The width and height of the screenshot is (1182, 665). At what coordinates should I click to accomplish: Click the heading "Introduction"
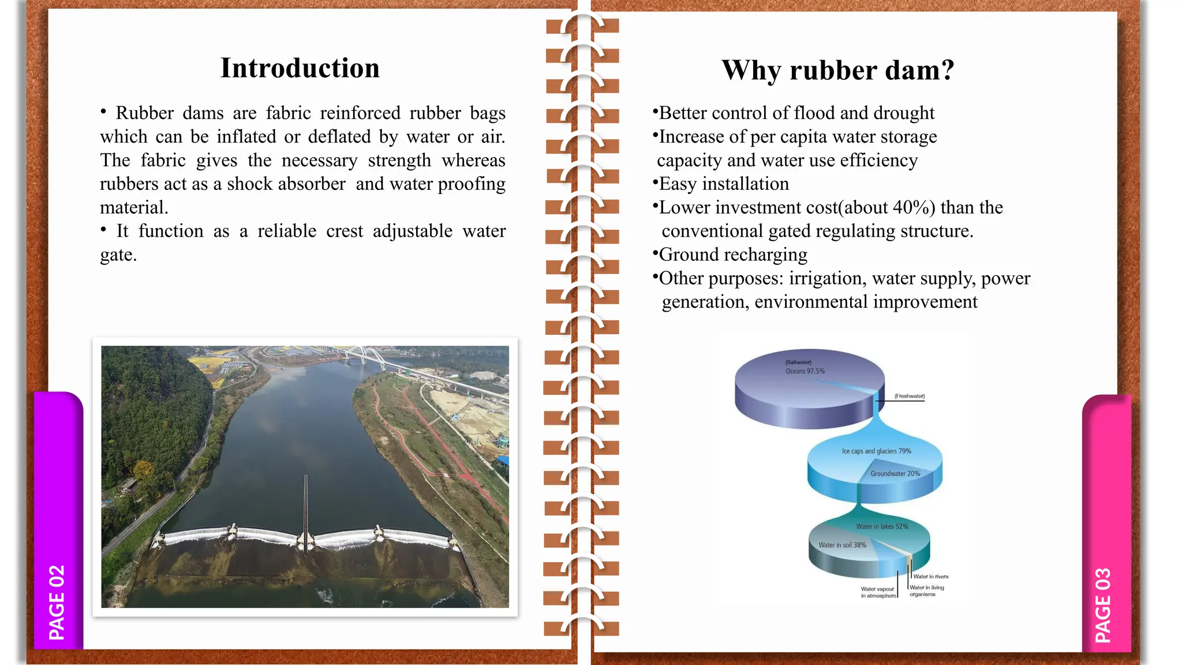(x=300, y=68)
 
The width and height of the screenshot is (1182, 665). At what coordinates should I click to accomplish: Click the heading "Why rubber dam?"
(x=838, y=70)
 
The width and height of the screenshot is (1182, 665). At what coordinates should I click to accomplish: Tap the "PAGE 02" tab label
(x=57, y=603)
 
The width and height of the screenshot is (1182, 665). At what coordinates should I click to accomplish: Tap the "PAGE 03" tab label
(x=1103, y=605)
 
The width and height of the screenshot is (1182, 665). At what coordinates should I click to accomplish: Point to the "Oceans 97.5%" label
(x=805, y=371)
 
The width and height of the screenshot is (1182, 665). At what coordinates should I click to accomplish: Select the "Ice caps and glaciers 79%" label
(x=876, y=451)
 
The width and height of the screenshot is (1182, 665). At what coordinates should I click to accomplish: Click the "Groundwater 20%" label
(x=895, y=473)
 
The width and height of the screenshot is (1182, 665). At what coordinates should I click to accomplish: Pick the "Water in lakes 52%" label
(x=882, y=526)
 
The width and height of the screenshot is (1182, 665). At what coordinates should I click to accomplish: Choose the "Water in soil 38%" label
(x=842, y=545)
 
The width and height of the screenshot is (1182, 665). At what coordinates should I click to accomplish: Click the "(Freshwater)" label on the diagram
(x=910, y=396)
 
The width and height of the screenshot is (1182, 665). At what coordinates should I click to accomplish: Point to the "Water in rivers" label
(x=931, y=576)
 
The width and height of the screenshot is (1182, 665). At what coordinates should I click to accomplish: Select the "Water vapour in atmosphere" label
(x=878, y=592)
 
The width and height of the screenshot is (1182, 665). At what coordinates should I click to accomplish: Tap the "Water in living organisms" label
(x=926, y=591)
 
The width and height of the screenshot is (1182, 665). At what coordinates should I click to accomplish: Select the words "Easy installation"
(x=724, y=184)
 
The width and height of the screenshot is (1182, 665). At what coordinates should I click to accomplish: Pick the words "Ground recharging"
(x=733, y=255)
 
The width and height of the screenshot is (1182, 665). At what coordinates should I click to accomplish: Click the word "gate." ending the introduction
(x=118, y=255)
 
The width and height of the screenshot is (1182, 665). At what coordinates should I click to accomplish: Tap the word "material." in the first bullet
(x=134, y=207)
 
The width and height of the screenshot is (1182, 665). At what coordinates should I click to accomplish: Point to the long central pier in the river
(x=306, y=508)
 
